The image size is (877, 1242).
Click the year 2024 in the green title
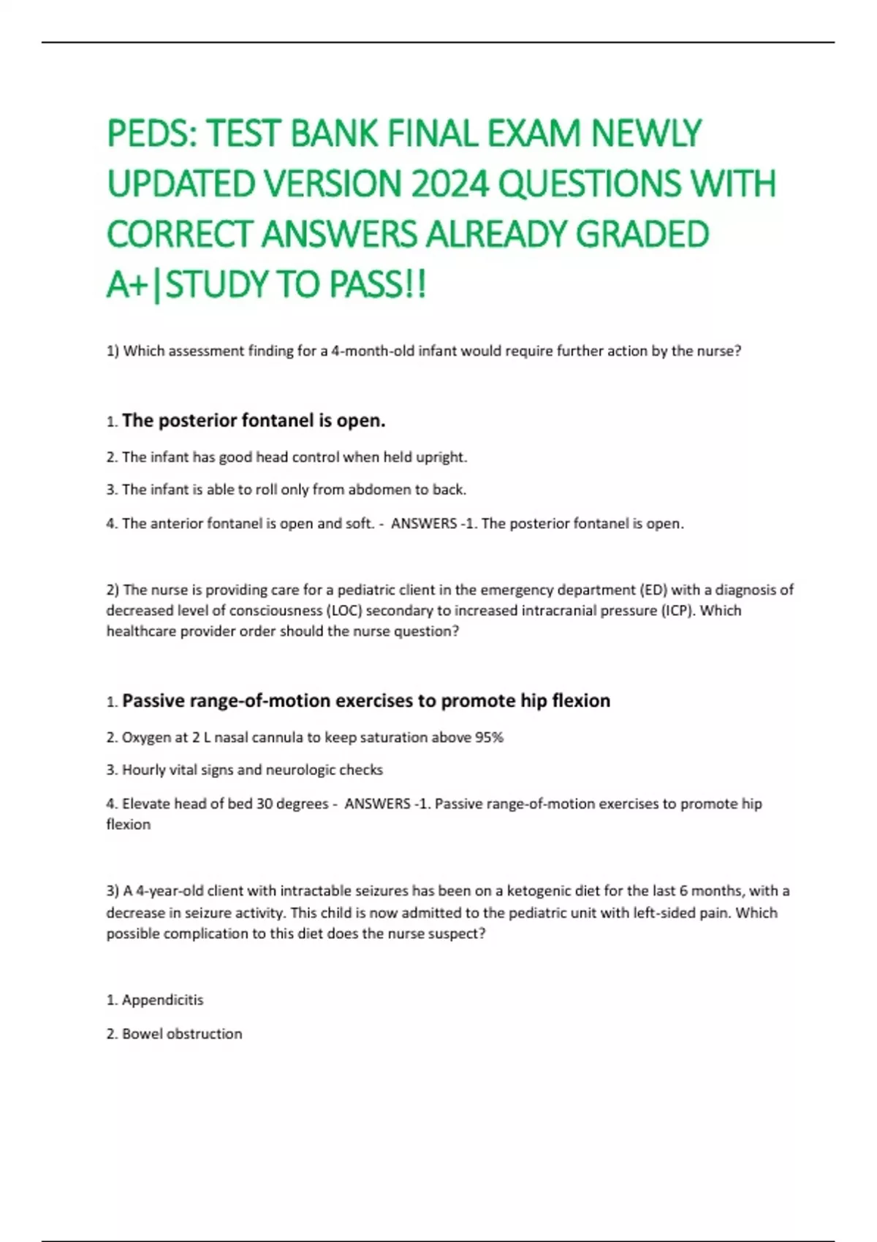click(449, 183)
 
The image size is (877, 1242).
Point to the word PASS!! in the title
click(377, 285)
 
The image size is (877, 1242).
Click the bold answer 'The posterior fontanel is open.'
click(254, 421)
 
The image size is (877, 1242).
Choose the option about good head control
click(294, 457)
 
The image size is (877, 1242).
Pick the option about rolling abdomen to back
click(294, 489)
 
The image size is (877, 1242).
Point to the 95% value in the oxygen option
click(489, 738)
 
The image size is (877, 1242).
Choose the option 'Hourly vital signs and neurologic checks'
click(252, 770)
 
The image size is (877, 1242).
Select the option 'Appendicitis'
click(162, 1000)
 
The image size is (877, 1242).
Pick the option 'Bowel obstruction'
click(181, 1034)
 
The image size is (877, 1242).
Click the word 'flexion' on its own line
click(129, 825)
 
